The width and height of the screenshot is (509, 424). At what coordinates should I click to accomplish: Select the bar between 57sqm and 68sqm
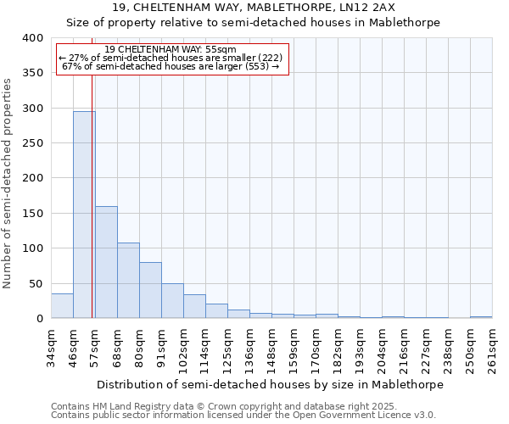pos(106,262)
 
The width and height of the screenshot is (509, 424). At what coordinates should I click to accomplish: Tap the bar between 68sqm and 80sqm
pos(128,281)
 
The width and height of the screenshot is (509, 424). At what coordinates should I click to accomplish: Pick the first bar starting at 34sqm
pos(62,306)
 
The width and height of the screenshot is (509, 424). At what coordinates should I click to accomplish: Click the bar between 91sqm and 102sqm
pos(172,301)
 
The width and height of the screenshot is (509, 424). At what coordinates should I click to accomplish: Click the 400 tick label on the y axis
pos(32,38)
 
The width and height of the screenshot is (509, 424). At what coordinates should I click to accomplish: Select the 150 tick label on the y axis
pos(32,214)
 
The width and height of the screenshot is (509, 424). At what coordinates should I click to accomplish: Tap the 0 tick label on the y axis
pos(39,319)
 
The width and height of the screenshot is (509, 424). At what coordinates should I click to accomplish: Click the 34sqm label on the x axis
pos(51,348)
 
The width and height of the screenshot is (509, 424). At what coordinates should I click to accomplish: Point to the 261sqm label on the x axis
pos(492,348)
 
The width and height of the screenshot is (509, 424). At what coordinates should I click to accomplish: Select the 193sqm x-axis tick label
pos(360,348)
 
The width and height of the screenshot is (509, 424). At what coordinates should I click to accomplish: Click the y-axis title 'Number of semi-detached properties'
pos(8,183)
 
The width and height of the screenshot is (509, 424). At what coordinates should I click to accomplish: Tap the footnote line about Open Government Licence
pos(243,415)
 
